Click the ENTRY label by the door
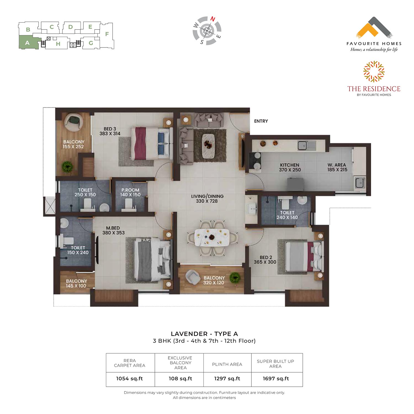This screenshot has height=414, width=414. (261, 121)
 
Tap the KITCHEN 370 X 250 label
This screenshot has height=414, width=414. (290, 167)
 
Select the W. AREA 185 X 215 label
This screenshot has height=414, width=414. (337, 167)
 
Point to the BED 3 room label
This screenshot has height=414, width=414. (110, 131)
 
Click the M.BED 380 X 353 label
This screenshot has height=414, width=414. (113, 230)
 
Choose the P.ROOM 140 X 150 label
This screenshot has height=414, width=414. (130, 192)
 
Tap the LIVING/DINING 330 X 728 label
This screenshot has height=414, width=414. (207, 199)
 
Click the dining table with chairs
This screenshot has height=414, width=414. (212, 237)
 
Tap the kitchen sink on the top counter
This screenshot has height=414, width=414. (307, 145)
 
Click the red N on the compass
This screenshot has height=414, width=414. (213, 19)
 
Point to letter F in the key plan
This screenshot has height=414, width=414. (107, 34)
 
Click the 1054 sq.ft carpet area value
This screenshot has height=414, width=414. (129, 379)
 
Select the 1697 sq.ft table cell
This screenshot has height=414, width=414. (276, 379)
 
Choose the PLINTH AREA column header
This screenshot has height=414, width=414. (227, 364)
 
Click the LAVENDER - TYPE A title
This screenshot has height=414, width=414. (204, 334)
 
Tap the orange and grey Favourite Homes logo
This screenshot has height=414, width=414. (374, 28)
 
